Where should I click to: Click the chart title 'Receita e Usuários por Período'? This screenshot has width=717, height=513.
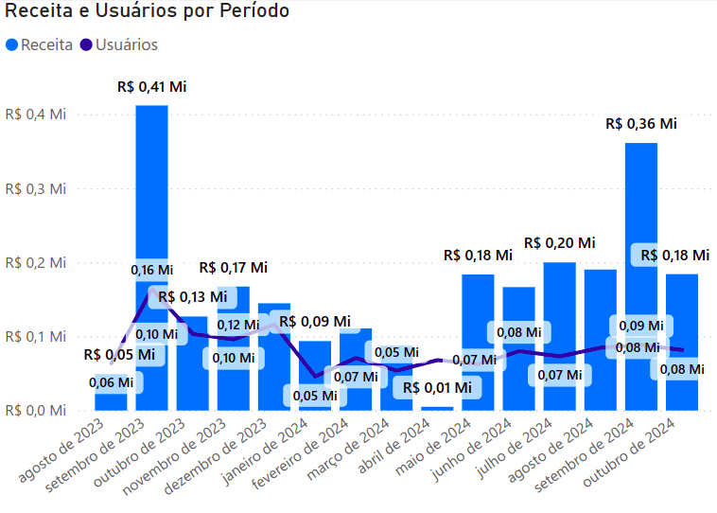tap(148, 12)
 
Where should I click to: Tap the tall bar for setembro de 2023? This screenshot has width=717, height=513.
tap(151, 208)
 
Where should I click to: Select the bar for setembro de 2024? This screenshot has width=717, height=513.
tap(641, 237)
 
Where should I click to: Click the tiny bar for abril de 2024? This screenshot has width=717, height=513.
tap(437, 408)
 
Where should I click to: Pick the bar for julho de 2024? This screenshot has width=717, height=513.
tap(560, 303)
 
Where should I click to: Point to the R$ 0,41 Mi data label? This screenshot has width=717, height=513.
tap(152, 86)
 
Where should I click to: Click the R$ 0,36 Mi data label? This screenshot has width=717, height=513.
tap(642, 124)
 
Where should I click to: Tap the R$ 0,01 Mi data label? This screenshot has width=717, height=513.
tap(437, 387)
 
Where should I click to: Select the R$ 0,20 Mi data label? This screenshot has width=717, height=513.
tap(560, 243)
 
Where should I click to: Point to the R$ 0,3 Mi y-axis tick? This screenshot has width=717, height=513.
tap(36, 188)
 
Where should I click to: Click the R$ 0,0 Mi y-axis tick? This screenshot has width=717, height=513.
tap(36, 410)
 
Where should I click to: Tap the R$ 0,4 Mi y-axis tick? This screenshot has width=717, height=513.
tap(36, 115)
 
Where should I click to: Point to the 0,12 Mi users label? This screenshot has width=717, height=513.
tap(237, 325)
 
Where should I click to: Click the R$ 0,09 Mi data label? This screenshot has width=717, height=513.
tap(315, 322)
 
